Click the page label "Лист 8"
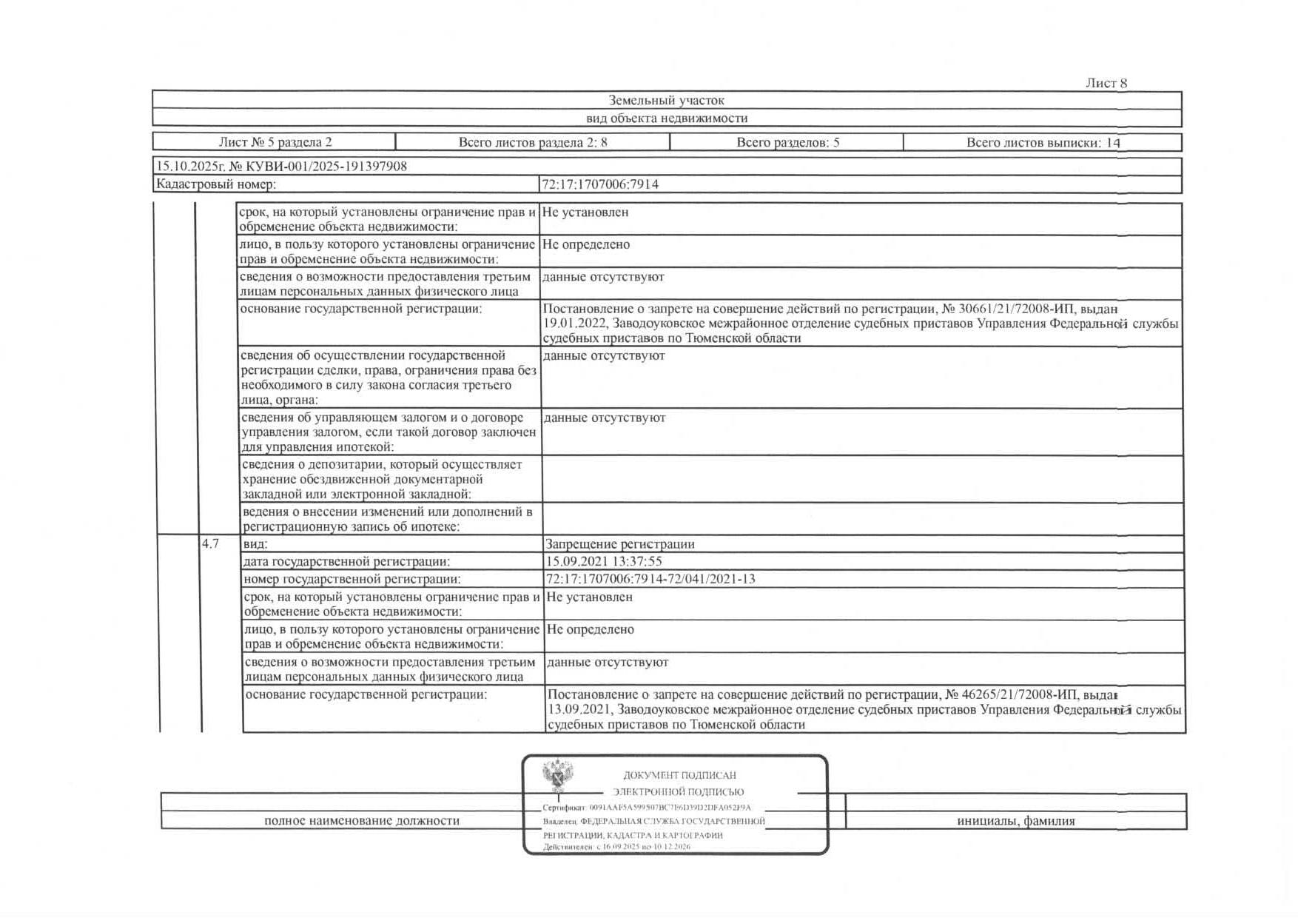[1106, 84]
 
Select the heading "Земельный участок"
[666, 101]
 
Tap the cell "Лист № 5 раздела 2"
[275, 142]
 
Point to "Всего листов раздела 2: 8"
[532, 142]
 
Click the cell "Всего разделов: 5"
[787, 142]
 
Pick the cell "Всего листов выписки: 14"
[1043, 142]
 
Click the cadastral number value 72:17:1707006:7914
[600, 184]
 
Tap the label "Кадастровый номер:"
[215, 184]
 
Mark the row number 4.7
[210, 544]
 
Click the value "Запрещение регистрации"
[619, 544]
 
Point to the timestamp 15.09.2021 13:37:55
[603, 562]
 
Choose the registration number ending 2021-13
[650, 580]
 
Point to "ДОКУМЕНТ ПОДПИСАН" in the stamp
[679, 775]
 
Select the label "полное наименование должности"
[361, 821]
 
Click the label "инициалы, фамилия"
[1015, 821]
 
